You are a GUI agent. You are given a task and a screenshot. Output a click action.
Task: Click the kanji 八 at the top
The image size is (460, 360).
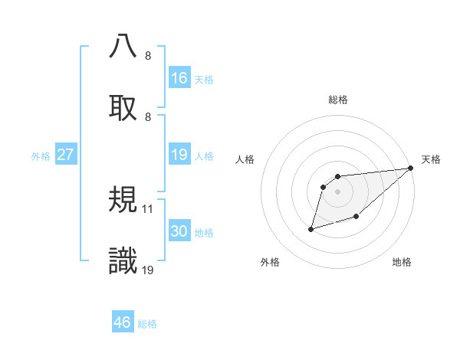(123, 47)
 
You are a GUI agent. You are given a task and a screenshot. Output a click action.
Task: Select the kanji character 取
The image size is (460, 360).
(123, 108)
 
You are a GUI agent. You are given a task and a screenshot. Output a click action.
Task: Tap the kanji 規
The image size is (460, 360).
(123, 200)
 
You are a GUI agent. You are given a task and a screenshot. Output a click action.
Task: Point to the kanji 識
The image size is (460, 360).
(123, 261)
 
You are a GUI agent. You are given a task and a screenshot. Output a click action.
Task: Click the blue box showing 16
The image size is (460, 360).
(179, 78)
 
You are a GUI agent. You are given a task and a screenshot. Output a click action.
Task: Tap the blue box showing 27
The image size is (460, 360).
(65, 155)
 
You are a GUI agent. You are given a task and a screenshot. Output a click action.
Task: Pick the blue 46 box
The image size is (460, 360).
(123, 322)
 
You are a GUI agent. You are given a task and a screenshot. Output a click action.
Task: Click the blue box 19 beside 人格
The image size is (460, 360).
(179, 155)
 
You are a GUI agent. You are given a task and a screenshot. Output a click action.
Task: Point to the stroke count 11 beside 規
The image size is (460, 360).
(148, 208)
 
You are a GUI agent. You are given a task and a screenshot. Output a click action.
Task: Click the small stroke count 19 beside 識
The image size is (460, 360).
(148, 270)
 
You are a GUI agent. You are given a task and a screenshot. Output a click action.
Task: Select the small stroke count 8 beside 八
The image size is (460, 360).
(148, 56)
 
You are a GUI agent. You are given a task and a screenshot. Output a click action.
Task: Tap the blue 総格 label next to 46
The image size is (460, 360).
(147, 324)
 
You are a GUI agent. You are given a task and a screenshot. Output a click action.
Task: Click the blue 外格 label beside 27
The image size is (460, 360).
(41, 156)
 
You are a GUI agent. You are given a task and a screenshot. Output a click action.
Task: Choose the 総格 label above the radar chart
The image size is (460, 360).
(338, 100)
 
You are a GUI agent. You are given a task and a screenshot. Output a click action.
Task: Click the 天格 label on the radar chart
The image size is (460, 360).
(431, 159)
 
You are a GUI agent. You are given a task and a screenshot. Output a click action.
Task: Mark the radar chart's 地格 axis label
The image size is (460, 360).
(402, 262)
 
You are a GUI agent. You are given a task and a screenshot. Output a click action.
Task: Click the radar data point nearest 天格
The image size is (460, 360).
(410, 168)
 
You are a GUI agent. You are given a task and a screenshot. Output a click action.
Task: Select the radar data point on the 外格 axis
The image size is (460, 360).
(311, 228)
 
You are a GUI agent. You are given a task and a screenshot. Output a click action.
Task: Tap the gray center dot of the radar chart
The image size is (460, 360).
(338, 191)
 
